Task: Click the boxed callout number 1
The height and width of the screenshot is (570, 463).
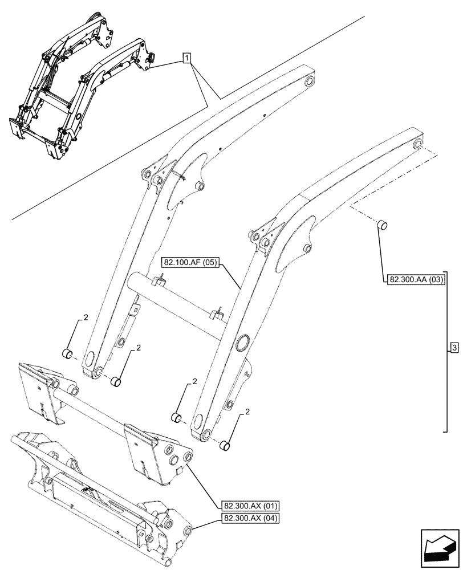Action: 188,58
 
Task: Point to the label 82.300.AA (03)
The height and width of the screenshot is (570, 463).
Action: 415,280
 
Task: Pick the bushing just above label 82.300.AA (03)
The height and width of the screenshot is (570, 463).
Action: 381,225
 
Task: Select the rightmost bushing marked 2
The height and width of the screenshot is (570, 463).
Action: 226,446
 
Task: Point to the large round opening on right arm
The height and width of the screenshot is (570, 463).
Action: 244,343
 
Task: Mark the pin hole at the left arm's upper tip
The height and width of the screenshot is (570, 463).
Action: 308,82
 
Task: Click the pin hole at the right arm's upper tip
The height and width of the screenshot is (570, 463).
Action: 419,144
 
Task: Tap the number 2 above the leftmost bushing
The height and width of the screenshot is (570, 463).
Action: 86,318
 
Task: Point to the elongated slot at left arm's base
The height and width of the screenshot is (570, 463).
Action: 88,360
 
